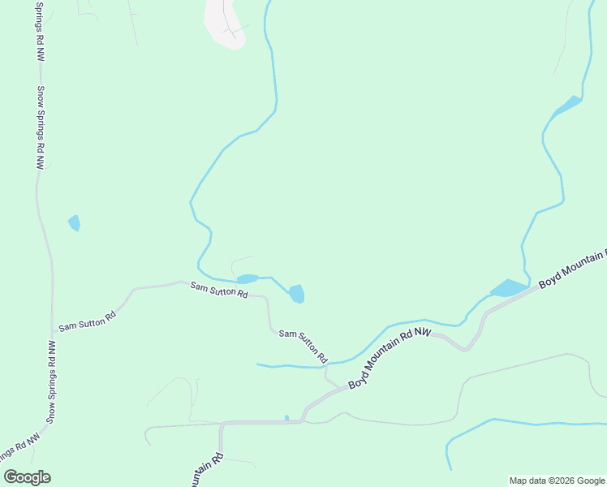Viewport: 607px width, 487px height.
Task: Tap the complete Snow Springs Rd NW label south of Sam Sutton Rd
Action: tap(51, 381)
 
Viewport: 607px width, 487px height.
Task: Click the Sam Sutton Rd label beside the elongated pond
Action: tap(218, 290)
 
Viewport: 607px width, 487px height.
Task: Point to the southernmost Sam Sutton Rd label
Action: tap(303, 345)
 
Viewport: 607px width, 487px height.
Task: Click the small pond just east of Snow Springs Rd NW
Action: tap(75, 222)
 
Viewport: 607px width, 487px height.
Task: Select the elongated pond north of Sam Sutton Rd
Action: tap(247, 279)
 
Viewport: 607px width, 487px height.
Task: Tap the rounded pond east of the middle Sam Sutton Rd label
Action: tap(297, 293)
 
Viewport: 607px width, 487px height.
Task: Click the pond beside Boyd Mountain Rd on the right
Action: tap(510, 288)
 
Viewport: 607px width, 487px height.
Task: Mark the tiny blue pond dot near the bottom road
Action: tap(286, 418)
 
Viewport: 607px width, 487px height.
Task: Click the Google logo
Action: tap(27, 477)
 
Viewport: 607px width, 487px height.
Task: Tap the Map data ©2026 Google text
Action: tap(557, 481)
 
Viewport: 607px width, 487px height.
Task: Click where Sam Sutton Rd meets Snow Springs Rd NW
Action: tap(54, 333)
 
